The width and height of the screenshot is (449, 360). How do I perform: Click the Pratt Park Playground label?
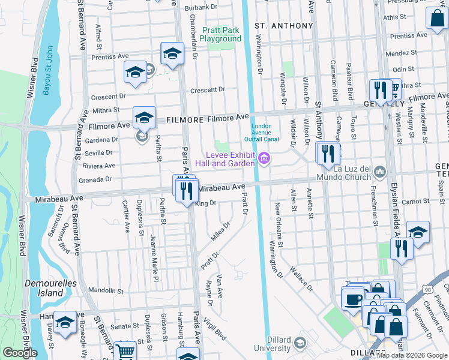point(221,34)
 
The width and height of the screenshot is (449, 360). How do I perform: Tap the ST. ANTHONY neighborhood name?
point(284,26)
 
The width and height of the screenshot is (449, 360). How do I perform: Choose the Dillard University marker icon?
point(300,343)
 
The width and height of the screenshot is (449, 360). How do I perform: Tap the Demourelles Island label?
point(44,288)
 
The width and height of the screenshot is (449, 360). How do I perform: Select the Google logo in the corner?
point(20,353)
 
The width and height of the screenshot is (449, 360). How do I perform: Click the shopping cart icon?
point(125,352)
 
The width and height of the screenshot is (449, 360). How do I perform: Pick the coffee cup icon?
point(352,298)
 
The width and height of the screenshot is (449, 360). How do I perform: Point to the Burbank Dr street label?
point(201,7)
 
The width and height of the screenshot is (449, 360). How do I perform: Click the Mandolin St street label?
point(106,291)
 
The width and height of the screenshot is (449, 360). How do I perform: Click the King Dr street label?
point(205,204)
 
